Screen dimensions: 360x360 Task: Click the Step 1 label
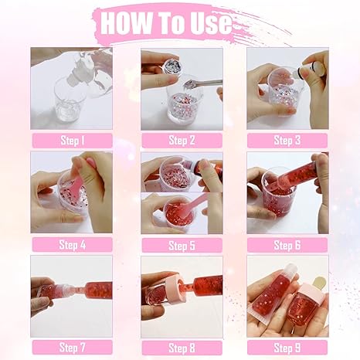73,141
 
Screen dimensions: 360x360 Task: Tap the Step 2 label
182,141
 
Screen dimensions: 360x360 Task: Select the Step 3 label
287,141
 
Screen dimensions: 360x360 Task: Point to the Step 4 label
73,245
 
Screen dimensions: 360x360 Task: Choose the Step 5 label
182,245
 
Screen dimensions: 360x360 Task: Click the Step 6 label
287,245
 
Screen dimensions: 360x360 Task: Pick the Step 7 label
73,348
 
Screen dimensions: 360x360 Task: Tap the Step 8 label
182,348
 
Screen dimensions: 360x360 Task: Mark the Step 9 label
287,348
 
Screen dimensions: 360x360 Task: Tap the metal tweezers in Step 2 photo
202,83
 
